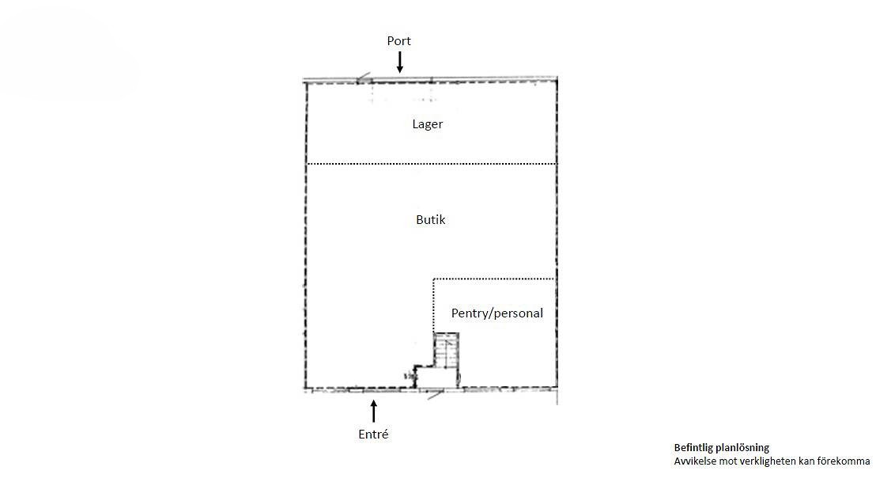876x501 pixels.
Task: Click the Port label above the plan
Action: coord(399,41)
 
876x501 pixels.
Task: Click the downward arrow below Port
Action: coord(399,62)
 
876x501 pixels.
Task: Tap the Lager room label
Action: coord(428,124)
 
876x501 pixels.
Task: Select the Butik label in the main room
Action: coord(431,220)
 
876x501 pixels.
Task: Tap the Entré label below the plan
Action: coord(373,435)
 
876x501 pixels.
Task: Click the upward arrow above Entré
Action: coord(374,411)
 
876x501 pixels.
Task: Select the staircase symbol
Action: coord(447,350)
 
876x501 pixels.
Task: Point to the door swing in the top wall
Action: coord(364,78)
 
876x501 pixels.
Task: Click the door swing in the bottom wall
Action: coord(436,394)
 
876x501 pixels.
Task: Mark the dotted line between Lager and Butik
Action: coord(432,164)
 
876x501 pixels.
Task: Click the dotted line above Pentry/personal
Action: coord(494,279)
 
